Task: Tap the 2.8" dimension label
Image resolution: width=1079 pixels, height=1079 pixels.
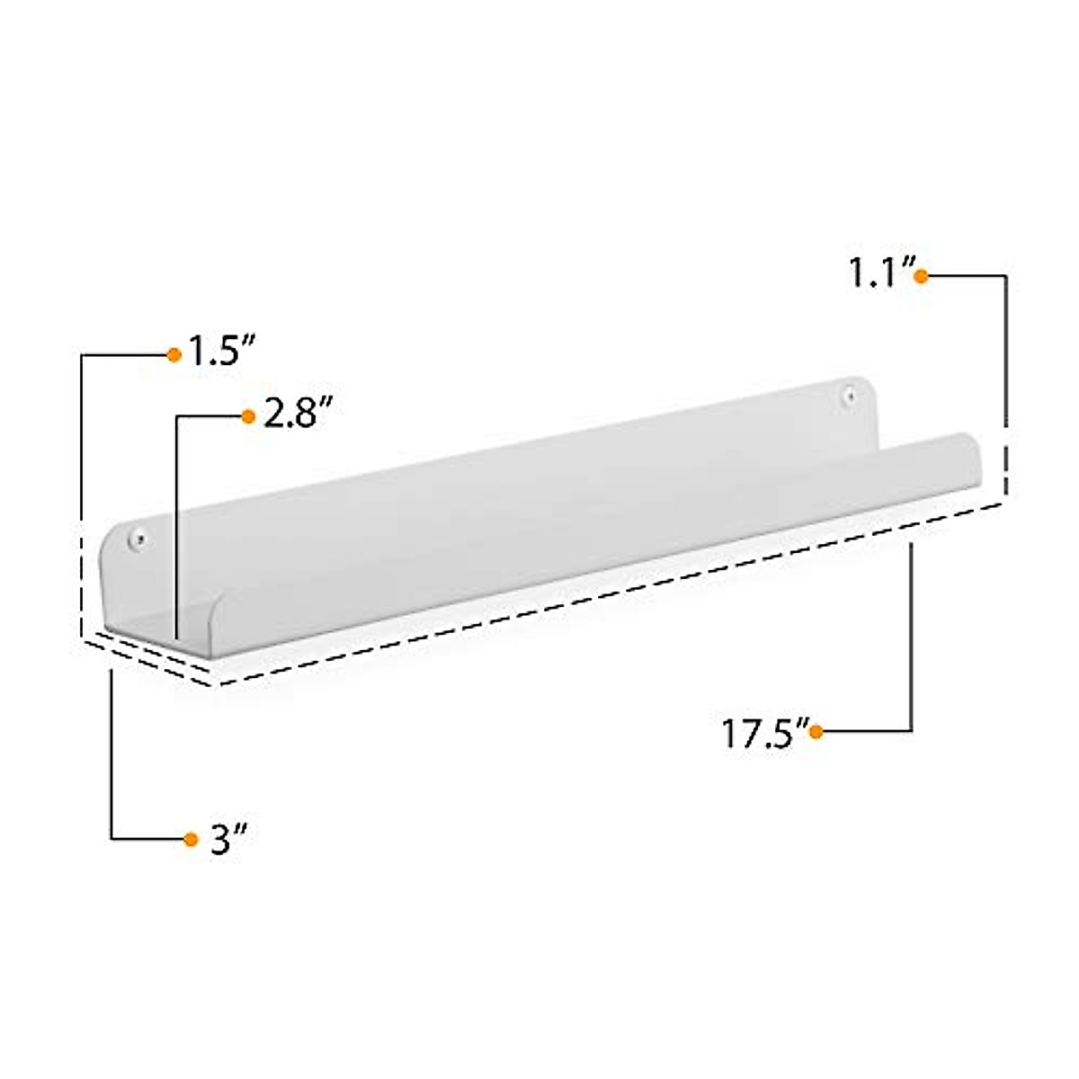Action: (x=292, y=415)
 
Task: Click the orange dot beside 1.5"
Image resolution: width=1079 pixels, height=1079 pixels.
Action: (x=174, y=354)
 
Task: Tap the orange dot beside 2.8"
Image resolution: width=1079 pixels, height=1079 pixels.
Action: (x=249, y=415)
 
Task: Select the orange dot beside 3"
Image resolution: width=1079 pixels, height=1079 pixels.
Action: (x=191, y=839)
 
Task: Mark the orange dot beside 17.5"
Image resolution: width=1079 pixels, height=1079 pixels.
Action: (x=816, y=732)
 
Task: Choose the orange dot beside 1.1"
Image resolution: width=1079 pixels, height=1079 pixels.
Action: (x=920, y=276)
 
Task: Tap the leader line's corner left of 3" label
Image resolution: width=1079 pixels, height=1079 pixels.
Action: (x=111, y=839)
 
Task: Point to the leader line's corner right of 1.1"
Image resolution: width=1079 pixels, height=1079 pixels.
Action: (x=1004, y=276)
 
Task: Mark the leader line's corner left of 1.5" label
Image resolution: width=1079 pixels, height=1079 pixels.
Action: (x=83, y=355)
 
